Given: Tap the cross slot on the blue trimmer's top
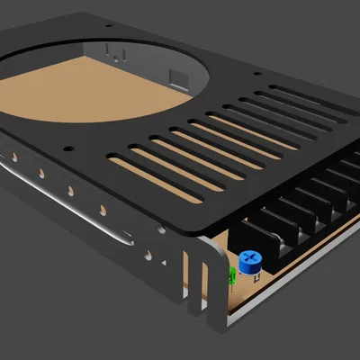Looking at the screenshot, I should pyautogui.click(x=249, y=259).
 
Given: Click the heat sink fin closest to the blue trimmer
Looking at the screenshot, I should pyautogui.click(x=270, y=238).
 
